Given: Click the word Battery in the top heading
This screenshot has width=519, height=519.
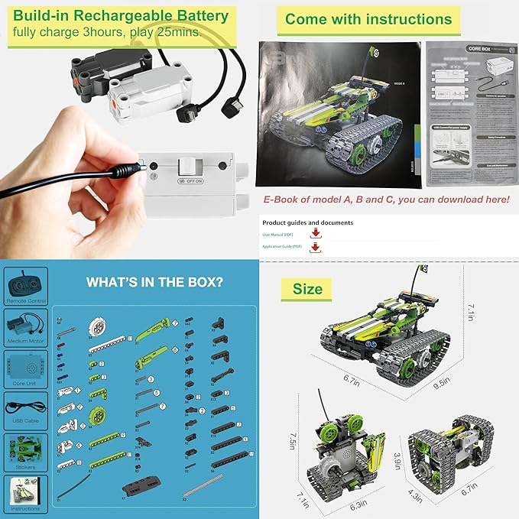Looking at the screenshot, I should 191,15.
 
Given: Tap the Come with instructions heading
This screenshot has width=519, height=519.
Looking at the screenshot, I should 368,19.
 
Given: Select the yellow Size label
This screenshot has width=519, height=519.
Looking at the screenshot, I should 307,289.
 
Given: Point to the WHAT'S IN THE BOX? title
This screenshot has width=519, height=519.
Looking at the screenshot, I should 154,282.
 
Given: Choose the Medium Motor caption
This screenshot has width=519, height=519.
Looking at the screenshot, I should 25,339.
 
